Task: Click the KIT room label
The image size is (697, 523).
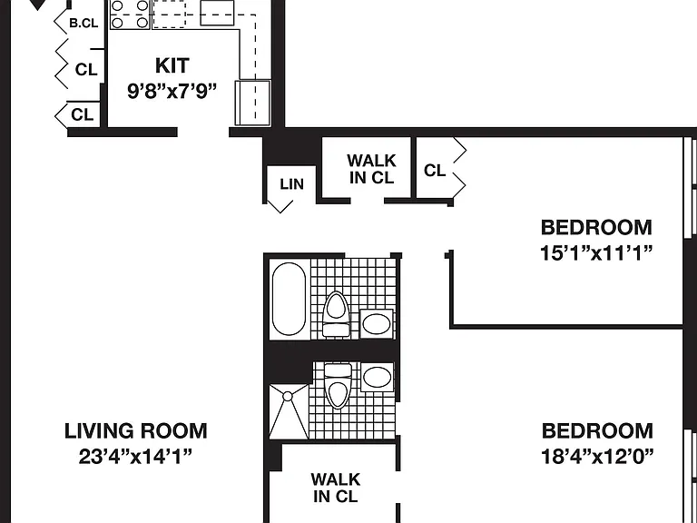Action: pos(172,65)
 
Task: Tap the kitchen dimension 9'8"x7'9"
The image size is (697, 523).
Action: pos(172,91)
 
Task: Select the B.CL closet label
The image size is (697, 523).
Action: pos(83,23)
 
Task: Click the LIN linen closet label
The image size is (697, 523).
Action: pos(291,184)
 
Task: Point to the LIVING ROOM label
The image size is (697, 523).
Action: pos(135,431)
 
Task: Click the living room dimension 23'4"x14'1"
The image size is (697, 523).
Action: pos(135,457)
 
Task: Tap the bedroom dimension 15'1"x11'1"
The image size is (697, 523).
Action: pos(596,253)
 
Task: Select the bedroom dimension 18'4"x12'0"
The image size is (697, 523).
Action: pos(597,457)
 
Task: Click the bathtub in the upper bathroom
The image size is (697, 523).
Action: pos(289,299)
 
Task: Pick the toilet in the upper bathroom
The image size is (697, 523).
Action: pos(337,314)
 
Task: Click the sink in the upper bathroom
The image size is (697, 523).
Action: pos(377,323)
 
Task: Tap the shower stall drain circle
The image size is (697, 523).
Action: pos(288,396)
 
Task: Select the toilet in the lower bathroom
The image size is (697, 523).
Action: pos(338,385)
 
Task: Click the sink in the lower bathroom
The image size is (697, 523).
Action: pos(377,377)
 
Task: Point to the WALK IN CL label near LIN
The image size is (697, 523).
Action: pos(371,169)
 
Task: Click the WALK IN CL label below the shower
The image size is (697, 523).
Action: pos(336,488)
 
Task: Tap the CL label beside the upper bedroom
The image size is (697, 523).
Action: pos(435,171)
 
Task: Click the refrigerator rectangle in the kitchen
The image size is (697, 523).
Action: pos(252,103)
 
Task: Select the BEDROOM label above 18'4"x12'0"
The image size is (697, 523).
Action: pos(597,431)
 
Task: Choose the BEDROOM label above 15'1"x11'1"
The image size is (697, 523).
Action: pos(596,228)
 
